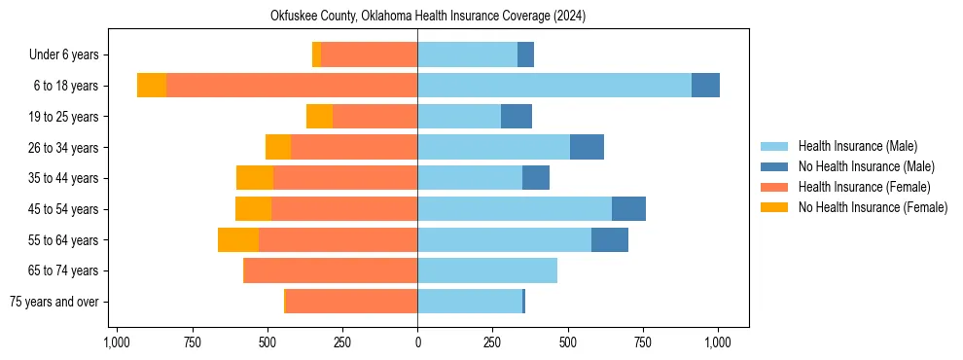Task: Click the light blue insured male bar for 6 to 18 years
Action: coord(554,86)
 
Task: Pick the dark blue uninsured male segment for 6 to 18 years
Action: coord(705,86)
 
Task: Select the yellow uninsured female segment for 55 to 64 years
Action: coord(238,240)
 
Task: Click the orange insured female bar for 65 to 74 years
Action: coord(331,270)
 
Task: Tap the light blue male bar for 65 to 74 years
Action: coord(487,270)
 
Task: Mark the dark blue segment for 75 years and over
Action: coord(523,302)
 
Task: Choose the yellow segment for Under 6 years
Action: coord(316,54)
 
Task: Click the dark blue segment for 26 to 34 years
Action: coord(587,147)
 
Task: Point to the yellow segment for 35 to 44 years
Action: coord(255,178)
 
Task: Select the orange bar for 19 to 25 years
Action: coord(375,117)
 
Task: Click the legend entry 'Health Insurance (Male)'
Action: coord(857,146)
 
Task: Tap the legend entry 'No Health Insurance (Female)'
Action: coord(873,207)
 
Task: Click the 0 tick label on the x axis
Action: coord(418,342)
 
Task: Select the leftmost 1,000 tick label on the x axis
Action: coord(117,342)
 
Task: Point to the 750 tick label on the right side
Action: coord(644,342)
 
